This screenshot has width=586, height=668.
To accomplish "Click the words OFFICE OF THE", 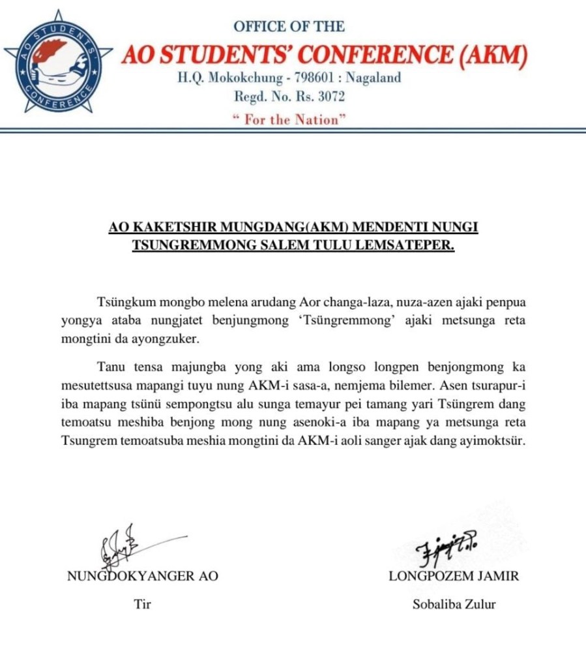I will tap(289, 27).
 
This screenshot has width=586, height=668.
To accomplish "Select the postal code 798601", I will tap(316, 78).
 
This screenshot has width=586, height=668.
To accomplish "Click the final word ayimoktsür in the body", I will tap(493, 440).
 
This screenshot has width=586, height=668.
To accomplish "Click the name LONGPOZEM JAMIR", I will tap(454, 577).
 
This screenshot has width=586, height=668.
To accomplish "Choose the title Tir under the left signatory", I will tap(142, 605).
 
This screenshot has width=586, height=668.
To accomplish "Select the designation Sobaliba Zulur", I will tap(454, 605).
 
